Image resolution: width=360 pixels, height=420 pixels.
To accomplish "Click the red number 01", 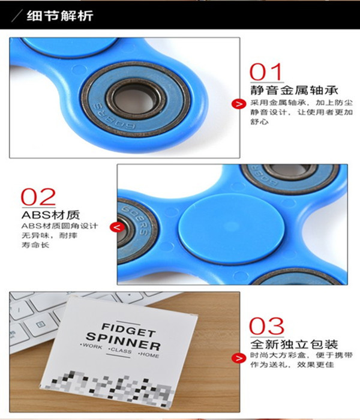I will (x=266, y=72).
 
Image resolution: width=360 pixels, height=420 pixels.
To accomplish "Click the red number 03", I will (x=266, y=327).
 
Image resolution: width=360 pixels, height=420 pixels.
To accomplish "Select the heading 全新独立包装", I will (x=294, y=345).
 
